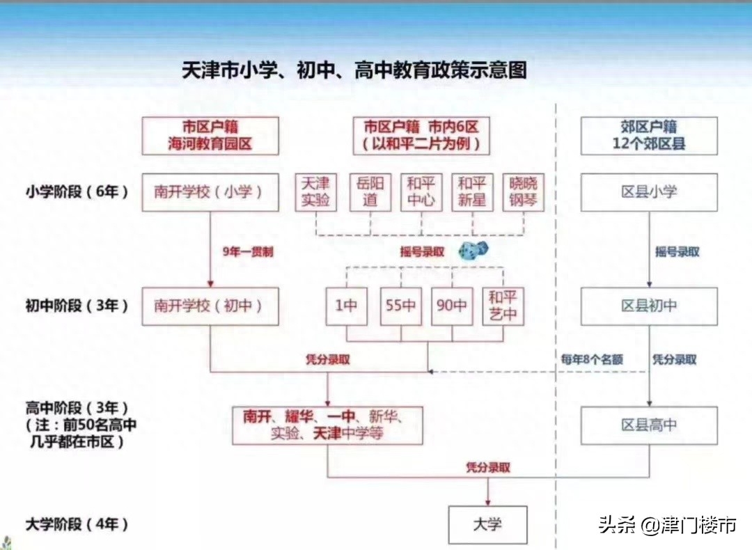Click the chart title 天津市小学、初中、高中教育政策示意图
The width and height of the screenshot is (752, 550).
(x=354, y=70)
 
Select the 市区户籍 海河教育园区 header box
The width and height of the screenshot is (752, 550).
(x=210, y=136)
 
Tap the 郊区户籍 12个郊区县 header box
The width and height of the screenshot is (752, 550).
(x=649, y=136)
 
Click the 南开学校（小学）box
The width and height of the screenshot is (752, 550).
(x=210, y=192)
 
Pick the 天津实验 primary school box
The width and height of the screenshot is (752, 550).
(x=315, y=192)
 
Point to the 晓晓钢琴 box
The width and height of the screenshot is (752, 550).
(x=523, y=192)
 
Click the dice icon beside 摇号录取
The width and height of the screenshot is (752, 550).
(x=473, y=251)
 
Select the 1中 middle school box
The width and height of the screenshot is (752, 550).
(x=346, y=306)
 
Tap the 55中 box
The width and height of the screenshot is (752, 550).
(x=400, y=306)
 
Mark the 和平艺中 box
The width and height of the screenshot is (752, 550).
(x=503, y=306)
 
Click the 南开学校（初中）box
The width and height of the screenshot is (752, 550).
(x=210, y=306)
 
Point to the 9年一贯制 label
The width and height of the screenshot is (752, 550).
(x=248, y=252)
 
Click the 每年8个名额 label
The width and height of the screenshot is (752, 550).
(x=592, y=360)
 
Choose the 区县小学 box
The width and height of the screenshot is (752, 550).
(x=649, y=192)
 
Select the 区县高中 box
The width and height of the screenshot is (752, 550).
(x=649, y=425)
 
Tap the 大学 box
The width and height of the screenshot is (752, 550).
(x=487, y=524)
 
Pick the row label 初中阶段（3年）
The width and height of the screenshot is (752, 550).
(x=77, y=306)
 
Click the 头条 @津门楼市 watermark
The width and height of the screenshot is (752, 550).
(x=667, y=524)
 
